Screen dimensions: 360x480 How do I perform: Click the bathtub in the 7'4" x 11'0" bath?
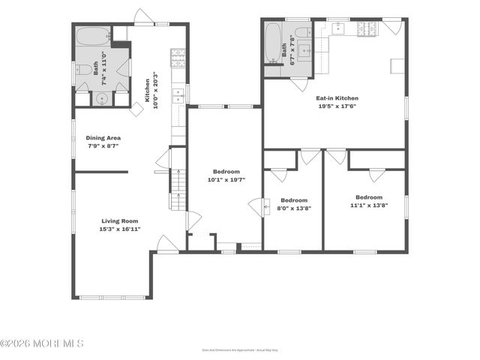point(91,35)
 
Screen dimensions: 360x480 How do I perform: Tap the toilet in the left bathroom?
point(84,70)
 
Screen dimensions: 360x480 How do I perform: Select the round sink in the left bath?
point(101,98)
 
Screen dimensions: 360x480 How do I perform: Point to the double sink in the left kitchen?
point(178,94)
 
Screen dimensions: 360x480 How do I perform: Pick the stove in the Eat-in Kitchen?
point(366,29)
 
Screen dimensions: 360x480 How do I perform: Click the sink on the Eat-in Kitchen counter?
point(337,28)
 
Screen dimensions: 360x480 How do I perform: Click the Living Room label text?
point(121,220)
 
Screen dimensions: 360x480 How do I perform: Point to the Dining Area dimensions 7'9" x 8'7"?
point(103,147)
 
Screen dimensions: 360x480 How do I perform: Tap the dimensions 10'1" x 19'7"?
point(226,180)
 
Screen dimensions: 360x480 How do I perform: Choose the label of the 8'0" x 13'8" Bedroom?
point(294,200)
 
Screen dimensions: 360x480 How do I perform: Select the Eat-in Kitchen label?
point(337,98)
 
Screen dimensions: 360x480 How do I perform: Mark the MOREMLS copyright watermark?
point(42,343)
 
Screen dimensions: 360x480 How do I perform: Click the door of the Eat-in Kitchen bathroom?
point(300,83)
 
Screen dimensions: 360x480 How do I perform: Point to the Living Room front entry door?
point(167,244)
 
